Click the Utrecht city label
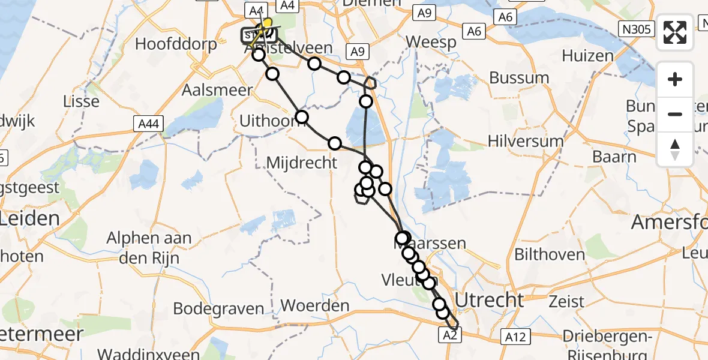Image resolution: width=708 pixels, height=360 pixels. coord(490,299)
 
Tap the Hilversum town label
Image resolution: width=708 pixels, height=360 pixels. coord(526,142)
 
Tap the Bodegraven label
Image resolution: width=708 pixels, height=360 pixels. coord(218,309)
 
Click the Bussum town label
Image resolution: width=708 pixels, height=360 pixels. coord(519,78)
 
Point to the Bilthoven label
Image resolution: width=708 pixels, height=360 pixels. coord(550,254)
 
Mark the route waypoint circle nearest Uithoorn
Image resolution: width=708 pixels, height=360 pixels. coord(302,117)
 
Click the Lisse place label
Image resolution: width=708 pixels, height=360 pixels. coord(81,101)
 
